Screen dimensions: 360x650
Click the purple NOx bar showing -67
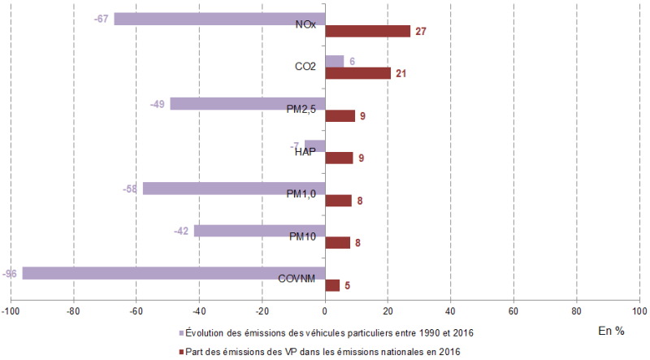(x=219, y=19)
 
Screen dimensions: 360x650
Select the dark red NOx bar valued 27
(x=368, y=31)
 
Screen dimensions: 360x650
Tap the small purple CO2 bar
(x=334, y=61)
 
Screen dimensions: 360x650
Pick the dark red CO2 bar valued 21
(x=358, y=73)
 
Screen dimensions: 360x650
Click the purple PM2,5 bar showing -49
(x=248, y=103)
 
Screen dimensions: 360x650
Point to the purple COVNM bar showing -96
(x=174, y=273)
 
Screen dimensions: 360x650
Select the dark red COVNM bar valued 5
(x=332, y=285)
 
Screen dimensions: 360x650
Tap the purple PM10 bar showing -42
(x=259, y=231)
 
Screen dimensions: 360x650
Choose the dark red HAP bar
(x=339, y=158)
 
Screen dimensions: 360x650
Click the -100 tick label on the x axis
(x=11, y=311)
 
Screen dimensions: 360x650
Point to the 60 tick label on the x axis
(x=513, y=311)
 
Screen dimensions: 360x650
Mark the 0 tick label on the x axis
(x=325, y=311)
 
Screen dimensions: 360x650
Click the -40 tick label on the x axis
(x=199, y=311)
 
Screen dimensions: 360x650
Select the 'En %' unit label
(x=611, y=331)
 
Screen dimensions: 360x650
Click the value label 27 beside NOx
(x=421, y=32)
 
